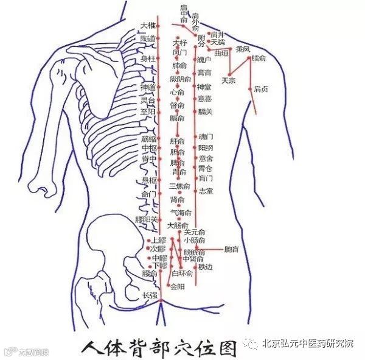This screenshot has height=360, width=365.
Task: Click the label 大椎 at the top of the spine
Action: coord(147,26)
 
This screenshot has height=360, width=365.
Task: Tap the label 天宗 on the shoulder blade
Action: coord(229,80)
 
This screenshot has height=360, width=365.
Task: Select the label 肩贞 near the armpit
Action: coord(262,89)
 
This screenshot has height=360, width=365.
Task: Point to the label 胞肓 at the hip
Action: coord(232,249)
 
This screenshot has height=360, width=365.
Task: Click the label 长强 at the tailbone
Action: coord(149,295)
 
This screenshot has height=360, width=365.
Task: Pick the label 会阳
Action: coord(177,286)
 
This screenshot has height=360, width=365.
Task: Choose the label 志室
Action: coord(206,191)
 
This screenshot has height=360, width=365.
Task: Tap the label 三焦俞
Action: coord(179,186)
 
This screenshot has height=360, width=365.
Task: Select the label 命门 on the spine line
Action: coord(148,194)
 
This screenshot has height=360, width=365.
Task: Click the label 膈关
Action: coord(205,111)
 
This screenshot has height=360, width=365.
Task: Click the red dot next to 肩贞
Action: coord(249,90)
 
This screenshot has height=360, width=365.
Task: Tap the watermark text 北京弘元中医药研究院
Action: coord(307,344)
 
